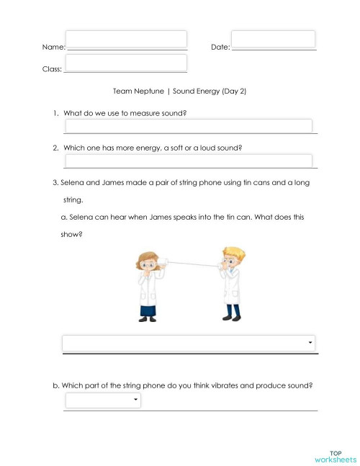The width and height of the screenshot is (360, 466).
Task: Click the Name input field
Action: tap(126, 39)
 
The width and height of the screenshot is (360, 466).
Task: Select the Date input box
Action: tap(273, 39)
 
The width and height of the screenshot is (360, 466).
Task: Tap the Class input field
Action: tap(125, 63)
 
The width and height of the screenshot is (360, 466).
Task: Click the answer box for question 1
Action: tap(188, 126)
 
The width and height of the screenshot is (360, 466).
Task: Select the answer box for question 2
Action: tap(188, 161)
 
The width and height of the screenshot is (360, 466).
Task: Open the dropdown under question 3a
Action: tap(189, 343)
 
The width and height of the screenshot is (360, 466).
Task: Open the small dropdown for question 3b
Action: tap(103, 400)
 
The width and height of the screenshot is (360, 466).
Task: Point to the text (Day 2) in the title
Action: tap(232, 92)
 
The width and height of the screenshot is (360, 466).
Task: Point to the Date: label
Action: tap(220, 47)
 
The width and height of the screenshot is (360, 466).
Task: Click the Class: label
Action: tap(52, 71)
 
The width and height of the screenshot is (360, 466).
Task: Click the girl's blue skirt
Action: tap(149, 310)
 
